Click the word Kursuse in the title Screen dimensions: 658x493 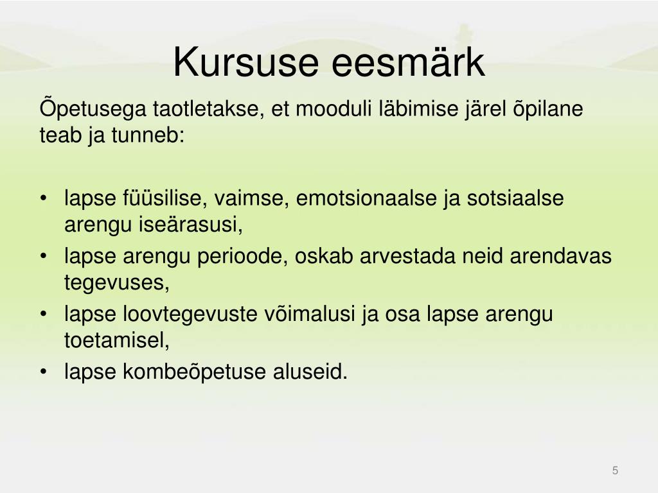coord(245,62)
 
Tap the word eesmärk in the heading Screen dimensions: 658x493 coord(408,62)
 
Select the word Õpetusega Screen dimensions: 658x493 coord(93,108)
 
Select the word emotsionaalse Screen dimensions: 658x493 coord(366,198)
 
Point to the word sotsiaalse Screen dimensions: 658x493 coord(515,198)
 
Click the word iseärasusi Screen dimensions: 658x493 coord(191,224)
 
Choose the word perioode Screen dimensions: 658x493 coord(242,256)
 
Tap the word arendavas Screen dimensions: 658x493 coord(560,255)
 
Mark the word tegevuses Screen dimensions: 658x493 coord(117,282)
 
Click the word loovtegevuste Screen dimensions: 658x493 coord(190,313)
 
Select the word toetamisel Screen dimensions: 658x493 coord(117,340)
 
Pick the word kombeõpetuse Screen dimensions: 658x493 coord(194,372)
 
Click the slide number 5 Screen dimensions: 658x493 coord(615,471)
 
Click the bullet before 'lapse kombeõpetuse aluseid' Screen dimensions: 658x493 coord(43,372)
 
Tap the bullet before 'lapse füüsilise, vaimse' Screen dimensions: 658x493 coord(43,198)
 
